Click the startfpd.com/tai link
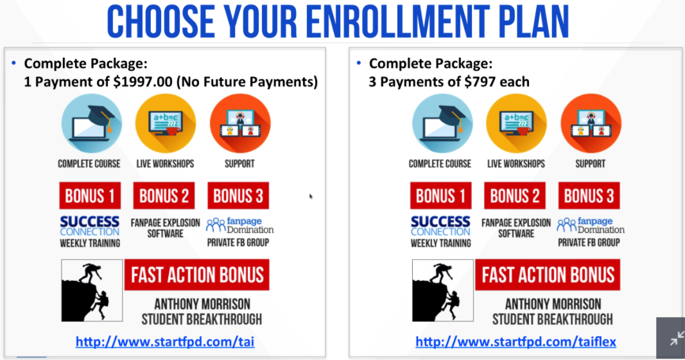click(x=165, y=341)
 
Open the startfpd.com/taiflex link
click(x=516, y=341)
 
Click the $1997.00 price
click(x=143, y=81)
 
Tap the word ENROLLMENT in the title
click(x=395, y=21)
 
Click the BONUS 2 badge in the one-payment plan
click(x=164, y=196)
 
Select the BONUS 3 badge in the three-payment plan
click(x=589, y=196)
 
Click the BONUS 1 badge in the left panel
click(x=90, y=196)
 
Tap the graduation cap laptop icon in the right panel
click(x=442, y=124)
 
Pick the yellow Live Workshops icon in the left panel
click(x=166, y=124)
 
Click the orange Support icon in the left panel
click(x=240, y=124)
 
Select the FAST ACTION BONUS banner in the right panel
click(x=548, y=275)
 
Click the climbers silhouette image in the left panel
click(x=92, y=291)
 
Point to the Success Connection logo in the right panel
click(x=440, y=226)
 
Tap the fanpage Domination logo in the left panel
click(x=240, y=225)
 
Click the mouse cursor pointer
click(x=311, y=196)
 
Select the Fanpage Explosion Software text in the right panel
click(x=516, y=228)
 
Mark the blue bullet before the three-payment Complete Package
click(x=359, y=64)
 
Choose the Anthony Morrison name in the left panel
click(x=202, y=304)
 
